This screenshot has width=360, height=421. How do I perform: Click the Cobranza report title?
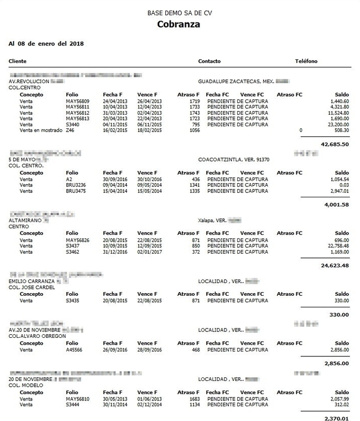(x=178, y=24)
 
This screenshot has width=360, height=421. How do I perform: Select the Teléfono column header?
(x=306, y=62)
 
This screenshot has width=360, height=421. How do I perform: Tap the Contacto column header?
(x=209, y=62)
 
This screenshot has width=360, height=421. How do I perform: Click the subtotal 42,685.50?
(x=335, y=144)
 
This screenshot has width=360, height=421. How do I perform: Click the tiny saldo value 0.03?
(x=344, y=185)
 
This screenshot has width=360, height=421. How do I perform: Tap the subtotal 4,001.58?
(x=336, y=205)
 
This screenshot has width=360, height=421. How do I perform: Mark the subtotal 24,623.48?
(x=335, y=265)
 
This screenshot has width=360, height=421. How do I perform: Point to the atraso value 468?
(x=195, y=349)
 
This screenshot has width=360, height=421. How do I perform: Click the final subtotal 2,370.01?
(x=336, y=418)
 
